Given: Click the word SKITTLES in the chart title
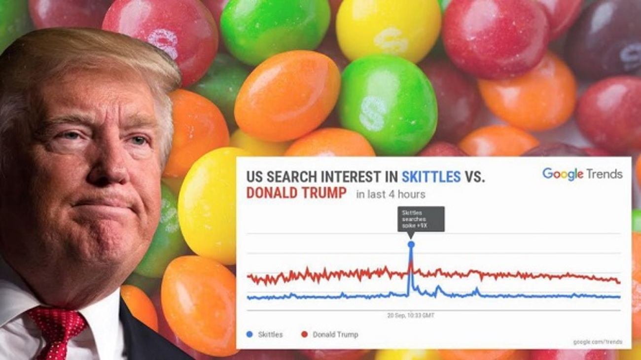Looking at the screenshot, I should (x=431, y=177).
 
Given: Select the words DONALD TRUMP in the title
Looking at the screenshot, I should (x=296, y=193).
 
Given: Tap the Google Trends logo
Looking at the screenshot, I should (x=582, y=174).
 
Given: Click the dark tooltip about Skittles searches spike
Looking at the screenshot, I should (x=421, y=219).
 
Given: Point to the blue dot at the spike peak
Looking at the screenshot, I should (x=411, y=244).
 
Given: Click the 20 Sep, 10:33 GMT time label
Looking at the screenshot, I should (x=411, y=315).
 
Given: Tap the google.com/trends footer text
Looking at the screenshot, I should (x=597, y=342).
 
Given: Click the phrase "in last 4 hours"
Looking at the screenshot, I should (x=390, y=194).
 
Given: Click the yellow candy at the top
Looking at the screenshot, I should (x=388, y=30).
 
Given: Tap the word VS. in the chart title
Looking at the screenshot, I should (x=475, y=177).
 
